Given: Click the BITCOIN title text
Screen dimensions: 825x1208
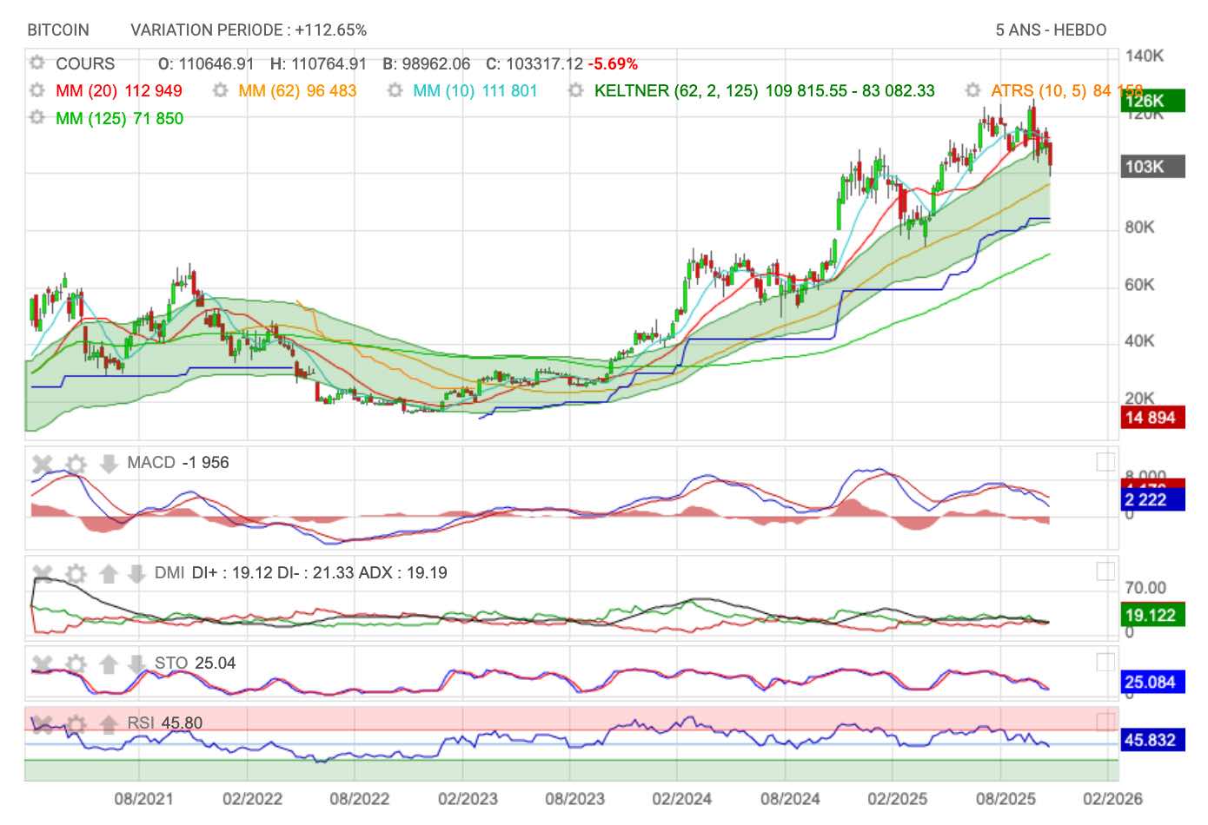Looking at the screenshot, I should pyautogui.click(x=58, y=30).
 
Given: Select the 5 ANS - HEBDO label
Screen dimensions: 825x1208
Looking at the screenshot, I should pyautogui.click(x=1051, y=30).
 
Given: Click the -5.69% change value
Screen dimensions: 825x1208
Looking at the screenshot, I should pyautogui.click(x=613, y=64).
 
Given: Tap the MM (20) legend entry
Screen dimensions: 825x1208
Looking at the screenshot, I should pyautogui.click(x=118, y=91).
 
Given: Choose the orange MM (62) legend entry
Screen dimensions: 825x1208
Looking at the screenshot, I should pyautogui.click(x=296, y=91).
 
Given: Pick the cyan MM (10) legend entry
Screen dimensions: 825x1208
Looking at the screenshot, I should pyautogui.click(x=475, y=91).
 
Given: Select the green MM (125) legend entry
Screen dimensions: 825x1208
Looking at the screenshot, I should pyautogui.click(x=119, y=119).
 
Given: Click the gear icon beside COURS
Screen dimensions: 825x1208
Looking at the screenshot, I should pyautogui.click(x=37, y=63).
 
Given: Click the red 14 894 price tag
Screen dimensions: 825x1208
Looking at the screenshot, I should pyautogui.click(x=1152, y=418).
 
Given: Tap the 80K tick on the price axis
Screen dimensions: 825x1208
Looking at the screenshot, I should pyautogui.click(x=1139, y=228).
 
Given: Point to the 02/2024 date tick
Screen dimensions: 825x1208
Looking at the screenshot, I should pyautogui.click(x=681, y=799).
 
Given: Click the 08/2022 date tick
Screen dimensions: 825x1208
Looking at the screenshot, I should pyautogui.click(x=359, y=799).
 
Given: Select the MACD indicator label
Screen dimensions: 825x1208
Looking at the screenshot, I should pyautogui.click(x=151, y=463).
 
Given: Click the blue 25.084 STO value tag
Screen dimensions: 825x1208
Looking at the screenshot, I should pyautogui.click(x=1152, y=682).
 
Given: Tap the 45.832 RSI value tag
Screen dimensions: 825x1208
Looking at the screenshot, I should pyautogui.click(x=1152, y=740).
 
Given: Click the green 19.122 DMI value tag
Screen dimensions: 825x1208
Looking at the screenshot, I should pyautogui.click(x=1152, y=616).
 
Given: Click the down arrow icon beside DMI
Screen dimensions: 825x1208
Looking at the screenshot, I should pyautogui.click(x=136, y=574).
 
